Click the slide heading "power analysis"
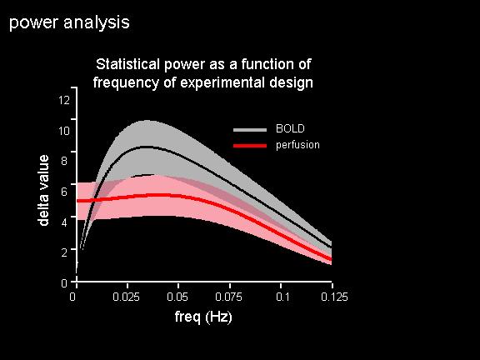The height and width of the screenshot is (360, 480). [x=69, y=23]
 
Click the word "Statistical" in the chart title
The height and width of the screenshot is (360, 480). [x=128, y=64]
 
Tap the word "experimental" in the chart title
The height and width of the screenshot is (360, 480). [x=220, y=82]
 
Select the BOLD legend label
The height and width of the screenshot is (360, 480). [x=290, y=128]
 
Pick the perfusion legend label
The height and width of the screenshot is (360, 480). [x=297, y=145]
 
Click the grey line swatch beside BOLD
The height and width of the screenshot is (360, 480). [x=250, y=130]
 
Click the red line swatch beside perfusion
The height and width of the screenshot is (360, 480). [x=250, y=146]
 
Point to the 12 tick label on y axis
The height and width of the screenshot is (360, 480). [x=64, y=100]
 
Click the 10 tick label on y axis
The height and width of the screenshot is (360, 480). [x=64, y=131]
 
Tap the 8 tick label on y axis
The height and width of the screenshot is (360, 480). [x=64, y=161]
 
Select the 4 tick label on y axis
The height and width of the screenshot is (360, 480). [x=64, y=222]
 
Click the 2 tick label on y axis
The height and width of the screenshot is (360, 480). [x=64, y=252]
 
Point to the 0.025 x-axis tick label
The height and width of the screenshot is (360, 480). [x=126, y=297]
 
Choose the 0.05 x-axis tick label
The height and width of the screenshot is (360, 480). [x=177, y=297]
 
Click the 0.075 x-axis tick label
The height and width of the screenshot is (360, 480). [x=228, y=297]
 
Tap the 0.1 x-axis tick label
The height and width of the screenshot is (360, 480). [x=282, y=297]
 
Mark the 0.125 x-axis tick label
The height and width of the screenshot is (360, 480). [x=335, y=297]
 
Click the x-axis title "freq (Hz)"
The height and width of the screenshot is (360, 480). [x=203, y=317]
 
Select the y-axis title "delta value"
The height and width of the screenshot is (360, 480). [x=44, y=190]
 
